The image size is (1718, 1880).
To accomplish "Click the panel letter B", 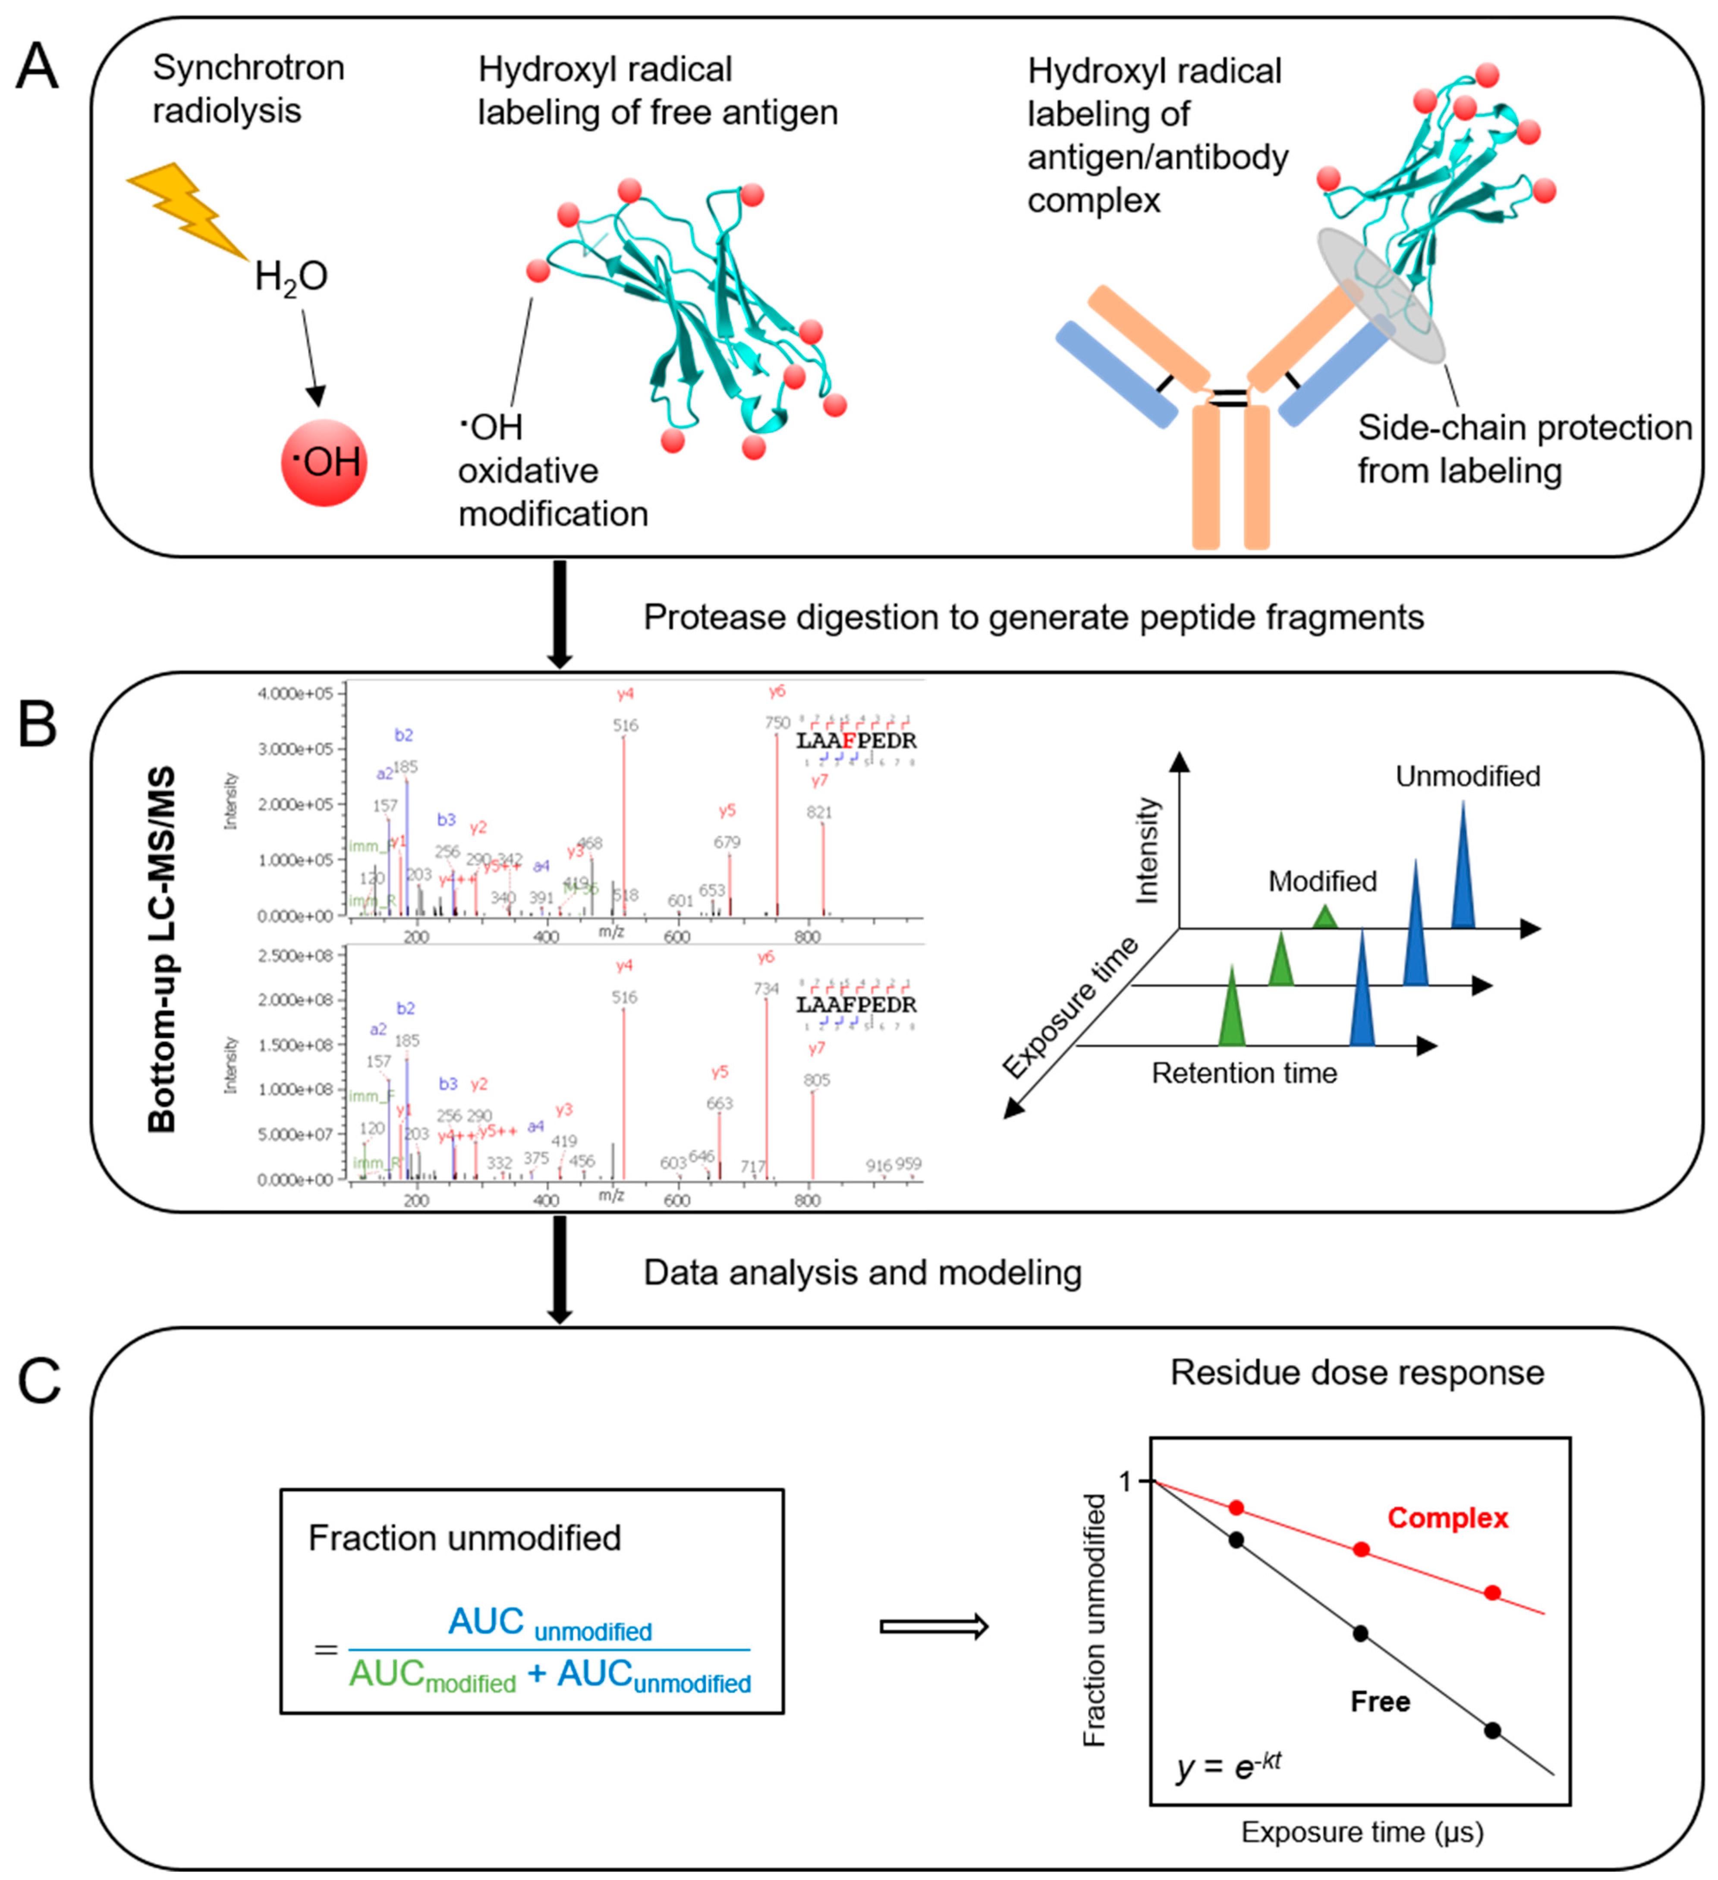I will point(37,725).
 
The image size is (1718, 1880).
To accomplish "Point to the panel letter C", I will point(39,1381).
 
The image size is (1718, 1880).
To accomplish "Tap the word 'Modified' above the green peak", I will point(1322,881).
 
